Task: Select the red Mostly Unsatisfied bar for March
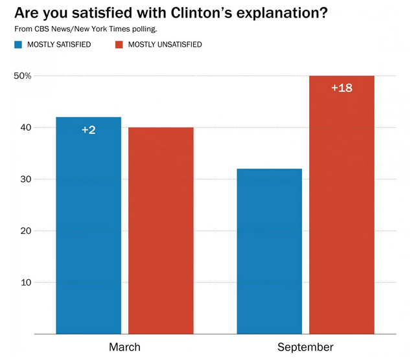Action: [161, 233]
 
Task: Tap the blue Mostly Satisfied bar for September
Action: [269, 253]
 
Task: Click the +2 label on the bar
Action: [89, 130]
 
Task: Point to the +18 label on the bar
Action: [342, 87]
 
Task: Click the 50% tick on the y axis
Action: [23, 76]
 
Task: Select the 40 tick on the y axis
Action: [26, 128]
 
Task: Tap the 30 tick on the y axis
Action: [26, 179]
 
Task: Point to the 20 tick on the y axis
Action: [26, 231]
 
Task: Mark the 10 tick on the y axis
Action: [26, 283]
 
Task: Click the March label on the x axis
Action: [124, 347]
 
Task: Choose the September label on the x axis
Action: [305, 347]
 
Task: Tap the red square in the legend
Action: [119, 45]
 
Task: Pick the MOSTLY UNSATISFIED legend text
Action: [165, 45]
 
